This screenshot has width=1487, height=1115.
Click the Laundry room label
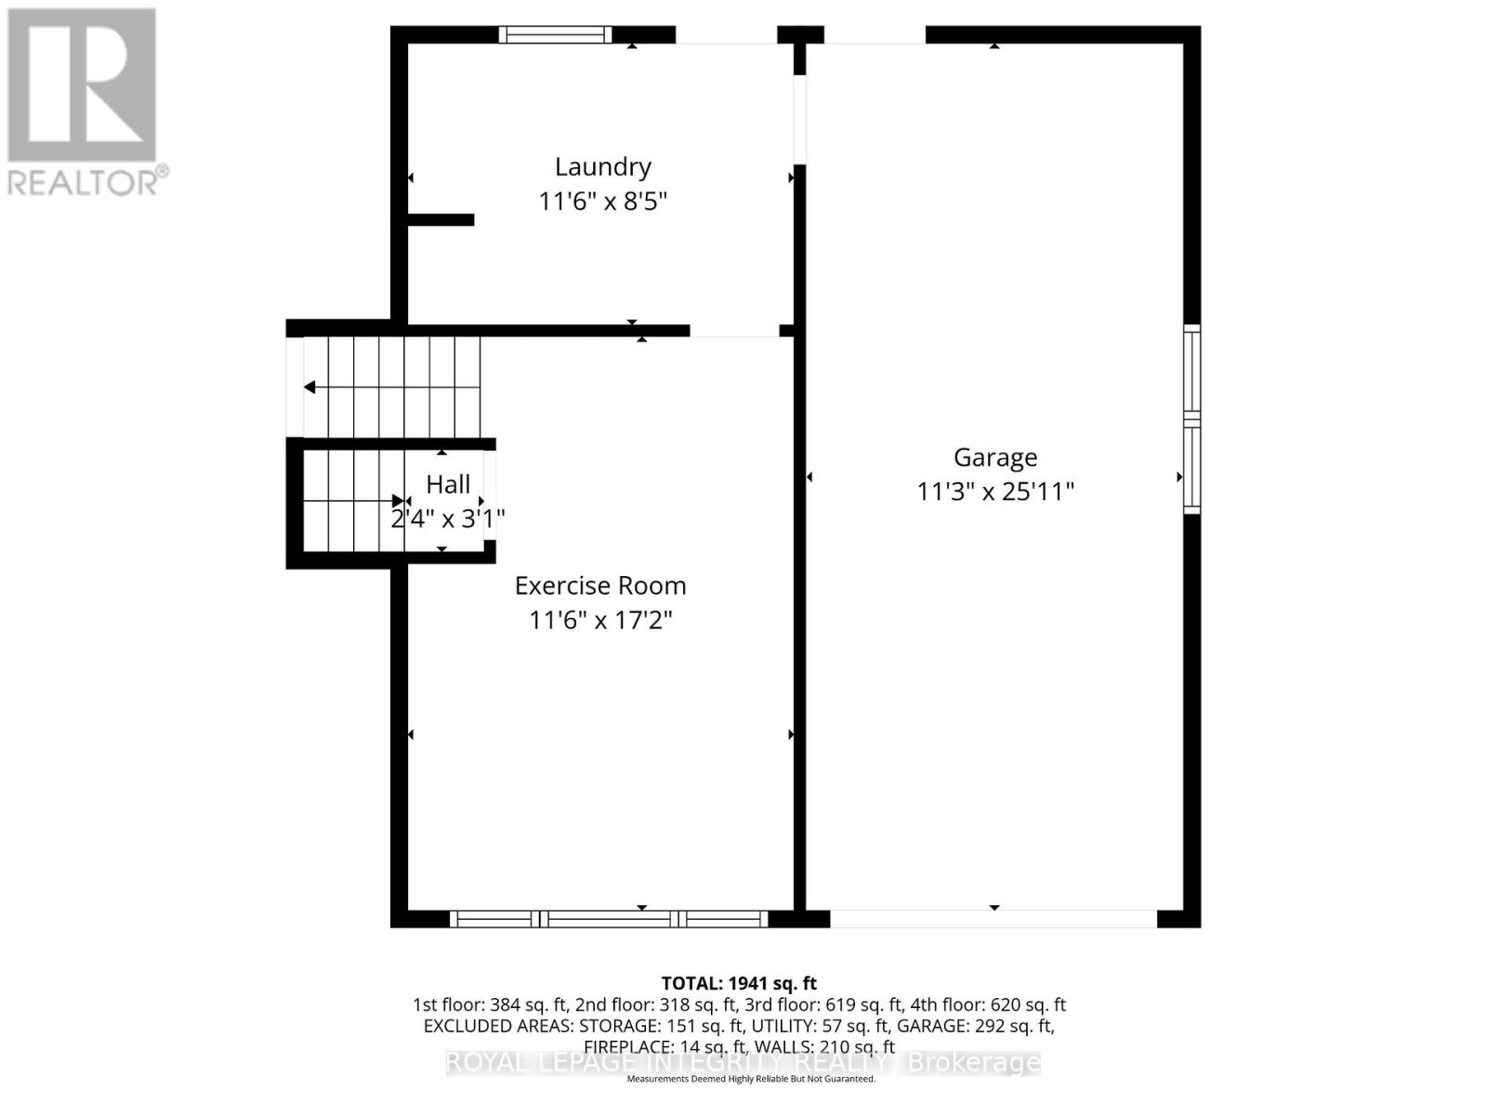(x=602, y=167)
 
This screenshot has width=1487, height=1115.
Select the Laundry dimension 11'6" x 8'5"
(x=602, y=201)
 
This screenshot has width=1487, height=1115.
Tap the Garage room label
(x=994, y=457)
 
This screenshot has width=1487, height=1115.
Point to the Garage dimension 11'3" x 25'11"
(x=994, y=491)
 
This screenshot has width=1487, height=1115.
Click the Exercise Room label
(x=600, y=585)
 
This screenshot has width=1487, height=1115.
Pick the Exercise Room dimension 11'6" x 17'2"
(x=600, y=619)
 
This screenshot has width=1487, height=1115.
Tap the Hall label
(x=448, y=484)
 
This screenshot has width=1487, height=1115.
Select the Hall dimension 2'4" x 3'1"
(x=448, y=518)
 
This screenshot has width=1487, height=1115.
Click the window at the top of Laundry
(x=555, y=35)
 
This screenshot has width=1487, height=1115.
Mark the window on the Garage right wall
(x=1191, y=419)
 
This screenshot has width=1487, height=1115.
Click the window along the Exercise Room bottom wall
(x=609, y=919)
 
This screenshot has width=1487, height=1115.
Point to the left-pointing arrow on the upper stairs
(x=310, y=387)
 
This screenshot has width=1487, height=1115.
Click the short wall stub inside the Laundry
(x=441, y=220)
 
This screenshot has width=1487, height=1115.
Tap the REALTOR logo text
(x=88, y=181)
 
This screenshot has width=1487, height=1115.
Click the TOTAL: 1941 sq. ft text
(x=739, y=983)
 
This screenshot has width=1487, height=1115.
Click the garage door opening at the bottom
(x=993, y=919)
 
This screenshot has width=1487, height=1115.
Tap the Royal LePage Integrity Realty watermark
(x=743, y=1062)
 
